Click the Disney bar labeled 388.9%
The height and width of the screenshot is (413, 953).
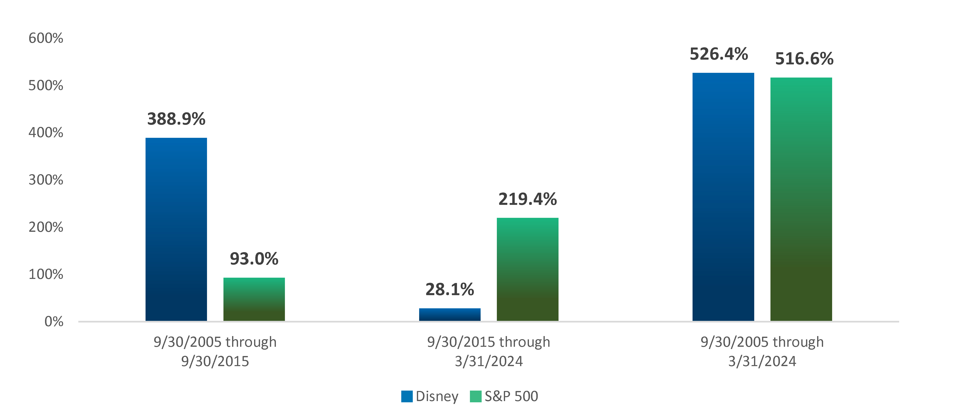click(176, 230)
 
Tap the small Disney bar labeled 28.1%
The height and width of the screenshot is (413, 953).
click(450, 314)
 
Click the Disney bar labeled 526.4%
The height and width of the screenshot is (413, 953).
click(723, 197)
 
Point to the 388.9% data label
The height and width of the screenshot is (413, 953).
click(176, 119)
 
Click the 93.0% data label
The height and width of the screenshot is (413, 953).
click(254, 259)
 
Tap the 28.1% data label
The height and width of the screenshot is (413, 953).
click(450, 289)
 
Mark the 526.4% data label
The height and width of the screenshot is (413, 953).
click(719, 54)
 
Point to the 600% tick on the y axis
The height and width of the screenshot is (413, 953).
click(46, 38)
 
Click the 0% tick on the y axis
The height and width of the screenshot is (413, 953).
click(54, 322)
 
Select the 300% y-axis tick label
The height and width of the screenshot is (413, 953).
click(46, 180)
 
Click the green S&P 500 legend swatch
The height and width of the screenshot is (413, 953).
click(475, 396)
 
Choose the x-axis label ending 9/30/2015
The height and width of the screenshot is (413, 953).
click(215, 352)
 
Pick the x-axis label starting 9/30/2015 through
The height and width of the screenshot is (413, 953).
click(489, 352)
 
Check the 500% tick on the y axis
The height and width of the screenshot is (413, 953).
click(46, 86)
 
